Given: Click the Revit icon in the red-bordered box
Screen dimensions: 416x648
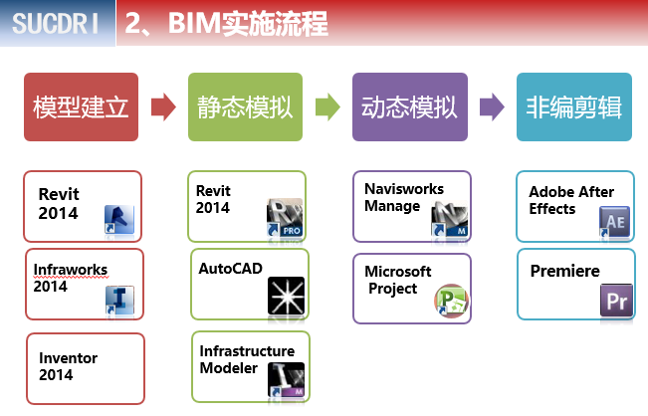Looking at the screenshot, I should point(119,219).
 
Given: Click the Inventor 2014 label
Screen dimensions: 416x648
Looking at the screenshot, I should point(68,366).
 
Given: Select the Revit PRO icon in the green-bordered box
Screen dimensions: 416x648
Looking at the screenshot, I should point(284,219).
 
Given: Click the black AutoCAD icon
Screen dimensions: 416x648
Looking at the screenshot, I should point(286,297).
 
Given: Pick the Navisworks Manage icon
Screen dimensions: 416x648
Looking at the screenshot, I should point(449,219).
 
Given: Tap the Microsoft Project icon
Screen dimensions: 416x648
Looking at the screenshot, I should point(450,301).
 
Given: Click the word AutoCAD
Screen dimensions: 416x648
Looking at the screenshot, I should point(228,269).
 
